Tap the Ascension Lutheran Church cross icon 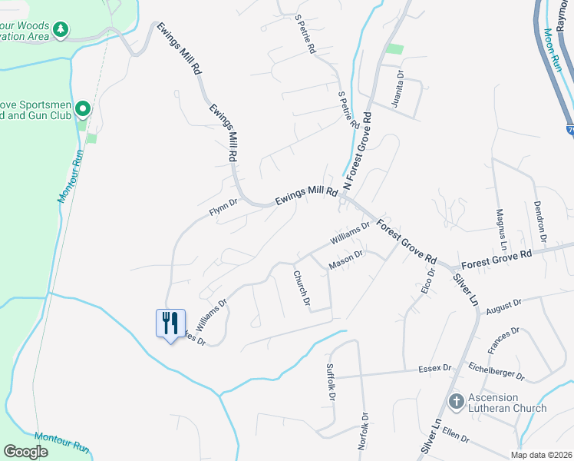456,400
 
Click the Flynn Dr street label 224,208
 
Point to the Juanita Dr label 399,89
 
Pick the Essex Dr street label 434,369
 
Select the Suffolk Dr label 331,381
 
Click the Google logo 25,452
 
